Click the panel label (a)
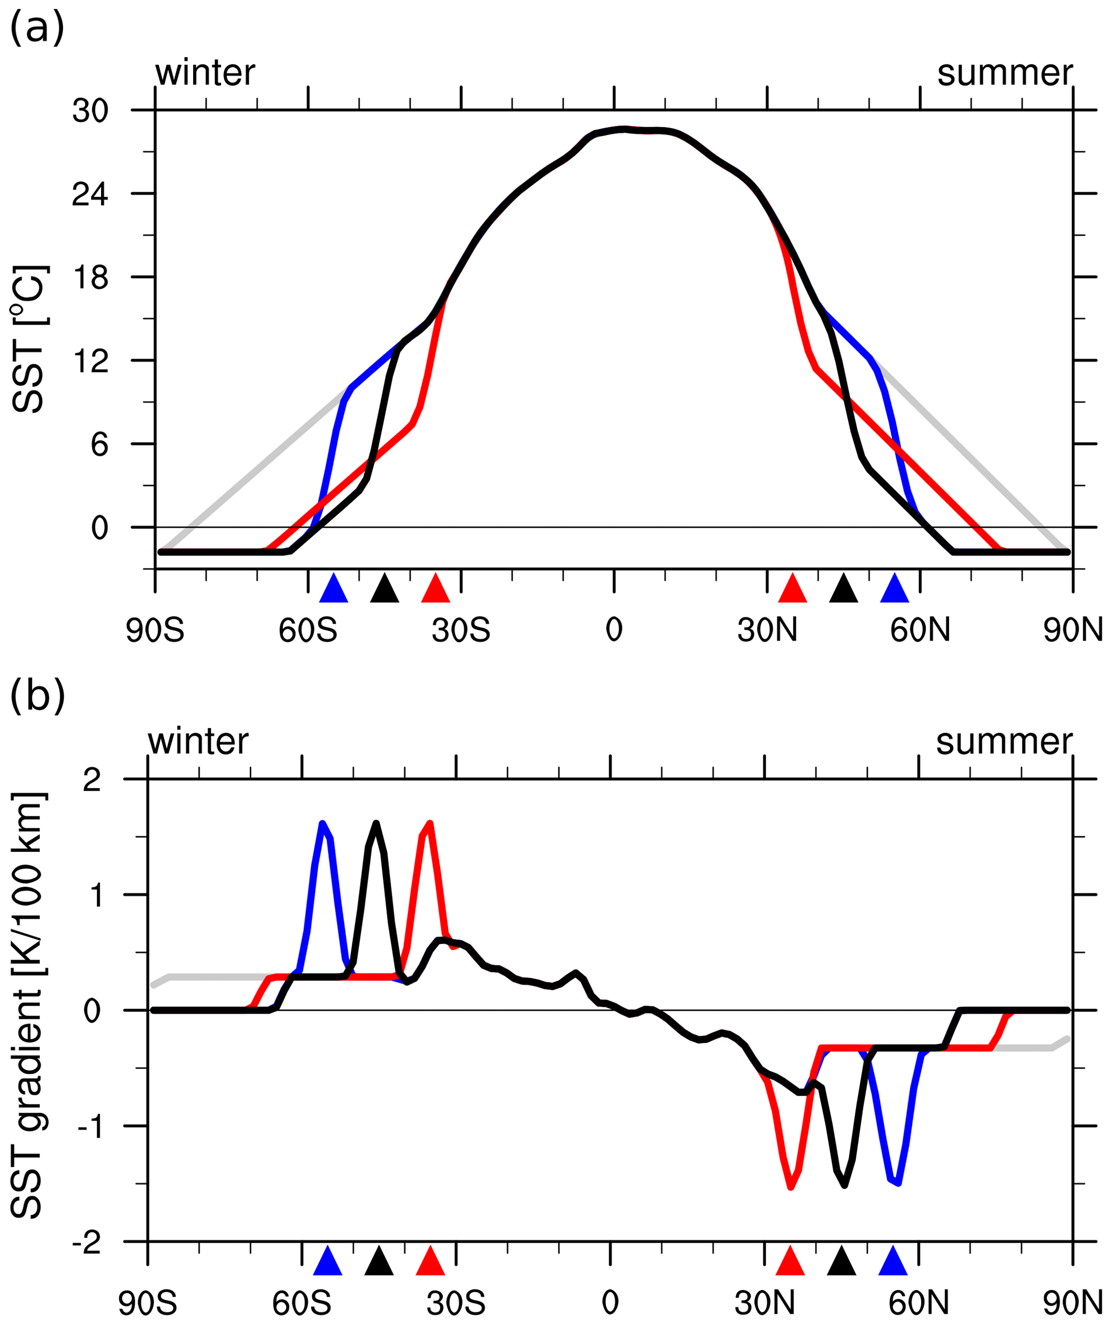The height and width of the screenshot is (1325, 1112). point(37,29)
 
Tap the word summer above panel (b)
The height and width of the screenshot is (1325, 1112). point(1004,742)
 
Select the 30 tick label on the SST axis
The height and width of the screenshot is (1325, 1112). point(90,111)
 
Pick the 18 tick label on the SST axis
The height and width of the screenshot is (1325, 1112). point(90,278)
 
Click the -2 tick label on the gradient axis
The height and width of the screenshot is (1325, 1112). point(87,1241)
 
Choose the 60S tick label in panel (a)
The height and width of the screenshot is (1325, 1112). point(308,630)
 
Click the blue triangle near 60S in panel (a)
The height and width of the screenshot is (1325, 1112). point(334,589)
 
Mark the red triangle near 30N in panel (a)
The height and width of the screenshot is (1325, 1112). point(792,589)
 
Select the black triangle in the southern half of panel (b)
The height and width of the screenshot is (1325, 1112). point(379,1261)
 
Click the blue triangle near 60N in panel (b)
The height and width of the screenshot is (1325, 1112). point(893,1261)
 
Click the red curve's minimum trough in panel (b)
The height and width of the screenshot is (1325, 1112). point(791,1187)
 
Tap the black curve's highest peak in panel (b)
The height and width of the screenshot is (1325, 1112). point(376,823)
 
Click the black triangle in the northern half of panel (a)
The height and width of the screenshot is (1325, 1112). point(844,589)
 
